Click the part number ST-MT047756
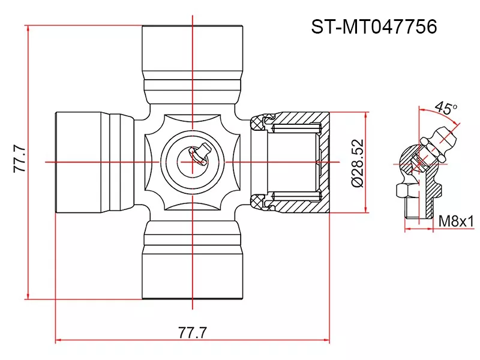(x=373, y=27)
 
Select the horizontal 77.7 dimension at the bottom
(x=192, y=332)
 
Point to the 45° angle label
(x=445, y=109)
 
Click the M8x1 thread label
(x=455, y=221)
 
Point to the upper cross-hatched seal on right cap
(x=259, y=122)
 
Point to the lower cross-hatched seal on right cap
(x=259, y=200)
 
